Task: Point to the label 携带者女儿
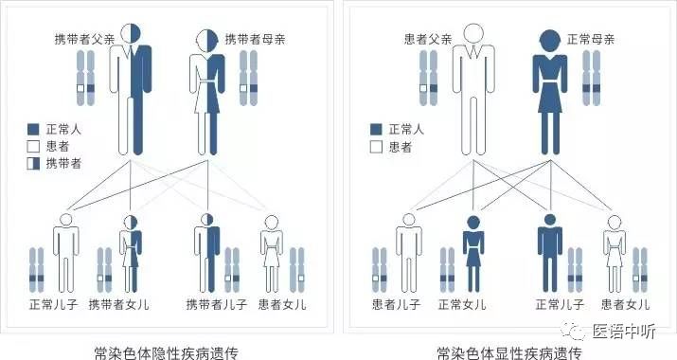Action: [119, 304]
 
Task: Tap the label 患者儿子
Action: [399, 304]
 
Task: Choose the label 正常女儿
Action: [463, 304]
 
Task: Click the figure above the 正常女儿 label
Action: [474, 251]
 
